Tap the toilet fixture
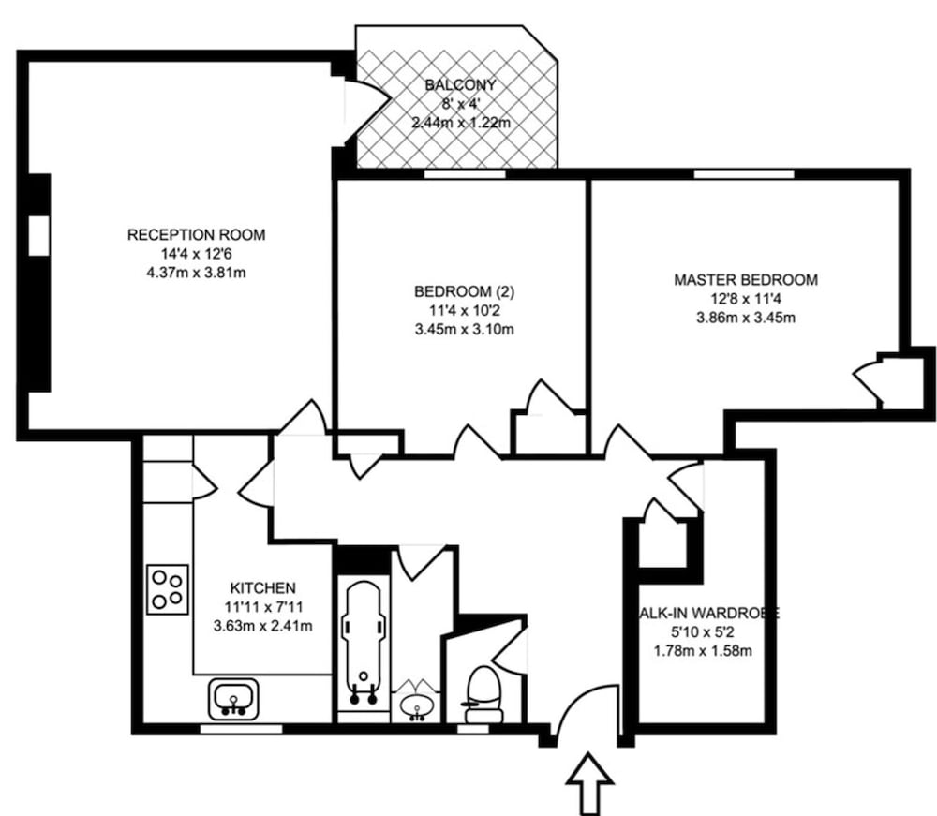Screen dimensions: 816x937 coord(483,691)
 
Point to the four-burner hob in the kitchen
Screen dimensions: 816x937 coord(168,589)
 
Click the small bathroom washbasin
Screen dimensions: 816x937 coord(415,704)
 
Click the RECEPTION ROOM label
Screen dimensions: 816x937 coord(196,234)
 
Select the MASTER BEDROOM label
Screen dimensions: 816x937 coord(746,279)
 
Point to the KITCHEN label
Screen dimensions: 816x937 coord(263,587)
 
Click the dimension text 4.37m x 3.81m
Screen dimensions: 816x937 coord(196,273)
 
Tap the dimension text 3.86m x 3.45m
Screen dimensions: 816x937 coord(746,318)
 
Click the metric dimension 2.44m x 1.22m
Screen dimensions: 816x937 coord(459,123)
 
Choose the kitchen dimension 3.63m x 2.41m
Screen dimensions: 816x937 coord(263,626)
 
